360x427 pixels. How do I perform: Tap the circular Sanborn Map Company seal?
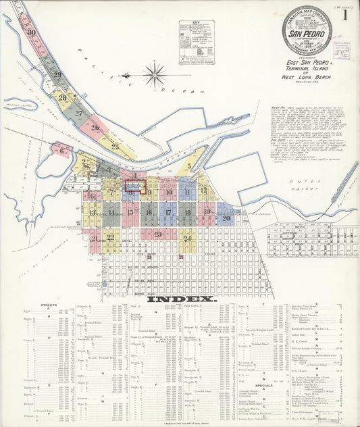tap(307, 30)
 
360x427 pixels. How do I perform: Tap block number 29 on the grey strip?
tap(57, 75)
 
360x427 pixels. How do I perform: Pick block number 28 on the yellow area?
tap(62, 98)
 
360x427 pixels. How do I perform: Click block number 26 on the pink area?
tap(95, 127)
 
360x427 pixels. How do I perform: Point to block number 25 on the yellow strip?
tap(114, 145)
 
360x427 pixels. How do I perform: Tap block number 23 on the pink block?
tap(157, 234)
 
